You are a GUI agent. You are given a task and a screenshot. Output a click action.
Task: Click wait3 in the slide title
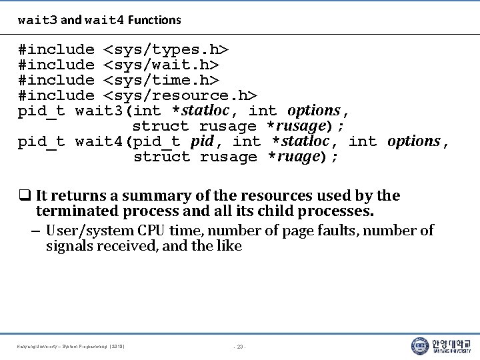tap(37, 20)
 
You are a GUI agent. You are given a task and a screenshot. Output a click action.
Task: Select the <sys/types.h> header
tap(166, 50)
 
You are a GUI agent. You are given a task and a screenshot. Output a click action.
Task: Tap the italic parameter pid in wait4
tap(202, 142)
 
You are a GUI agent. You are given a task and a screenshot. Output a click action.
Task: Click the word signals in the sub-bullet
tap(69, 247)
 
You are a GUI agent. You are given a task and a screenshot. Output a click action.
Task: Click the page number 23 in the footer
tap(240, 347)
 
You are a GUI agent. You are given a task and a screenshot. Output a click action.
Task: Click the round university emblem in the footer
tap(420, 346)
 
